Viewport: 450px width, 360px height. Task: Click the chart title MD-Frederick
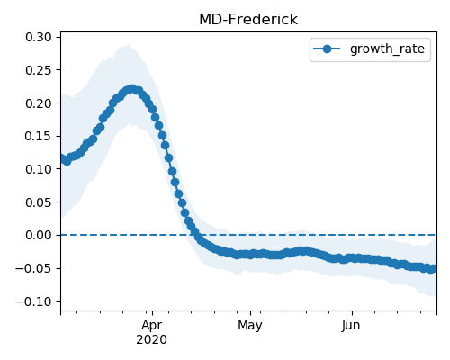tap(248, 20)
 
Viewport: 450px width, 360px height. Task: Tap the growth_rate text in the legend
tap(387, 49)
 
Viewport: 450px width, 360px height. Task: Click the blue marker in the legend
tap(327, 49)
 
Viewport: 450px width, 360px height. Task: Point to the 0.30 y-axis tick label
tap(39, 37)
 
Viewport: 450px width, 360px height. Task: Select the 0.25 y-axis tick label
tap(39, 70)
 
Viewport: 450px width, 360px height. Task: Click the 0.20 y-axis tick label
tap(39, 103)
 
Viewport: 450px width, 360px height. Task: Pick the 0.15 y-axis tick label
tap(39, 136)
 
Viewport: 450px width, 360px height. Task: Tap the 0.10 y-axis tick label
tap(39, 169)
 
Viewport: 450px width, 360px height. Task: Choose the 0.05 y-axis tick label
tap(39, 202)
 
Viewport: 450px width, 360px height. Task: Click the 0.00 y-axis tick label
tap(39, 235)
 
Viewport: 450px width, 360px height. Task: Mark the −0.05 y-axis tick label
tap(34, 268)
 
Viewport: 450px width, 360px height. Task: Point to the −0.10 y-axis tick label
tap(34, 301)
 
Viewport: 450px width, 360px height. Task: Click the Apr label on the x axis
tap(152, 326)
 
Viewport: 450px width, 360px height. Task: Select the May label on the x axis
tap(250, 326)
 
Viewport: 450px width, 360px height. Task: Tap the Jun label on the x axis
tap(351, 326)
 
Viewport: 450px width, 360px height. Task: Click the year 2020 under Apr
tap(152, 340)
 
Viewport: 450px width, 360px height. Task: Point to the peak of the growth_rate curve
tap(132, 89)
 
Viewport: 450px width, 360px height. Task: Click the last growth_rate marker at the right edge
tap(434, 269)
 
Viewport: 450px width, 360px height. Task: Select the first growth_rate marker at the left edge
tap(63, 158)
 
